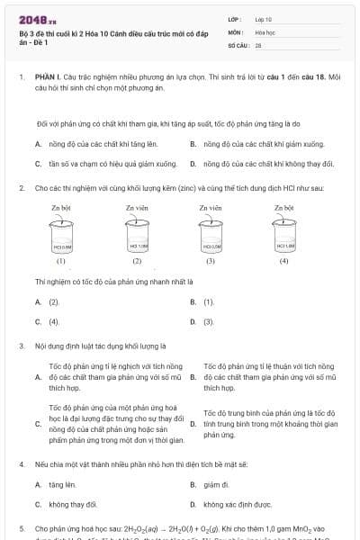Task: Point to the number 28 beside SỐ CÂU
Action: [258, 44]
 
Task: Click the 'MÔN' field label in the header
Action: [235, 31]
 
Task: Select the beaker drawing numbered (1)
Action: [61, 242]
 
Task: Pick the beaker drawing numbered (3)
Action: [210, 242]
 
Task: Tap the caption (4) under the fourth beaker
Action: [283, 262]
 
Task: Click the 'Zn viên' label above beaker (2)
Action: [137, 208]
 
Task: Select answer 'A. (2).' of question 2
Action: [52, 302]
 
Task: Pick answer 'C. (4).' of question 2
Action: [52, 320]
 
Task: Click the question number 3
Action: [21, 346]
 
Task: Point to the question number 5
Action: [21, 528]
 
